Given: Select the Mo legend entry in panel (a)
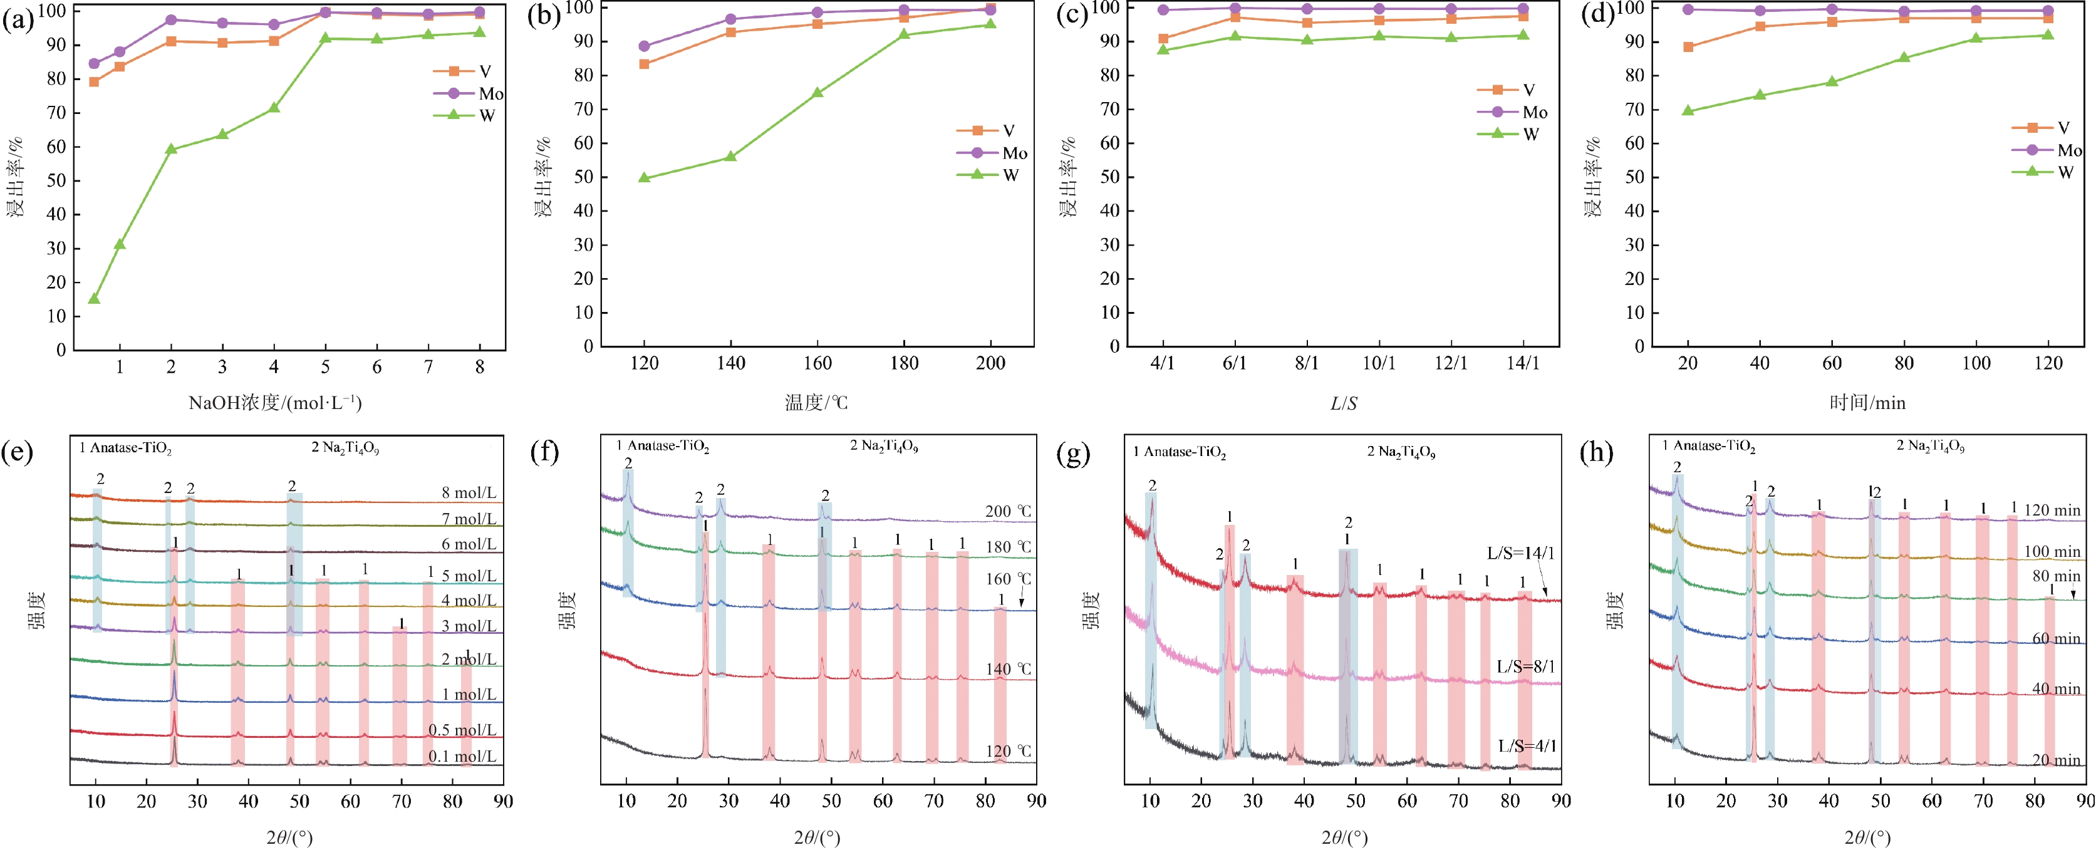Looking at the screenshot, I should pos(490,93).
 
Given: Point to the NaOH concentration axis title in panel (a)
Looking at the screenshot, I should pos(275,403).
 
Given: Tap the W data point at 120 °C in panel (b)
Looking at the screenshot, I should pos(645,177).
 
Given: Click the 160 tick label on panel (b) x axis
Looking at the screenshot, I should pos(817,363).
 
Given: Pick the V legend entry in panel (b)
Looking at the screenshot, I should pos(1007,131).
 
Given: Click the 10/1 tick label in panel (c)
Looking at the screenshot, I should pos(1378,363).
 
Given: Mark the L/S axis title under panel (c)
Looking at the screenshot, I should pos(1344,403).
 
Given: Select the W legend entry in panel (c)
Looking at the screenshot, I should pos(1530,134).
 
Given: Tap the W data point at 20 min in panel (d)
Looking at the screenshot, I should pos(1688,111).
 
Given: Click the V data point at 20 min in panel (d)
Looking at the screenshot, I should pos(1688,47).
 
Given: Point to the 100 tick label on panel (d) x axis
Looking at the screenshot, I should pos(1976,363).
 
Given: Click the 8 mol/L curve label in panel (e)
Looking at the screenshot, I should pos(469,493).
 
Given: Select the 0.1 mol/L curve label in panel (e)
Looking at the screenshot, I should pos(462,757).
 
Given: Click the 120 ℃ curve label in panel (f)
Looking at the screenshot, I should pos(1008,752).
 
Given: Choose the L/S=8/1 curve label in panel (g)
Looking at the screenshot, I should pos(1525,667).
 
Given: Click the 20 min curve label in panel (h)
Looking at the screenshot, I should pos(2056,760).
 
